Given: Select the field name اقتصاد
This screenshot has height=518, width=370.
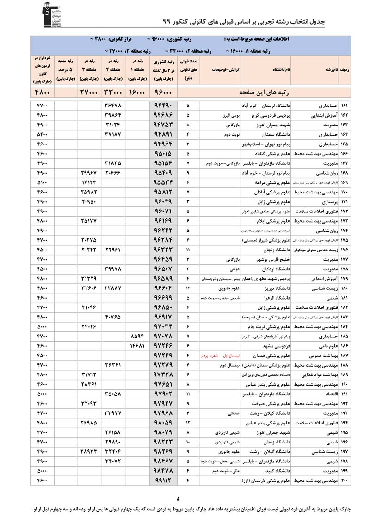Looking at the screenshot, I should pos(330,394).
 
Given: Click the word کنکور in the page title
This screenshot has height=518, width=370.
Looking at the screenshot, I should pos(191,22).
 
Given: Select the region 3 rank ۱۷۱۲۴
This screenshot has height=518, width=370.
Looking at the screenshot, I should pos(88,183).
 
